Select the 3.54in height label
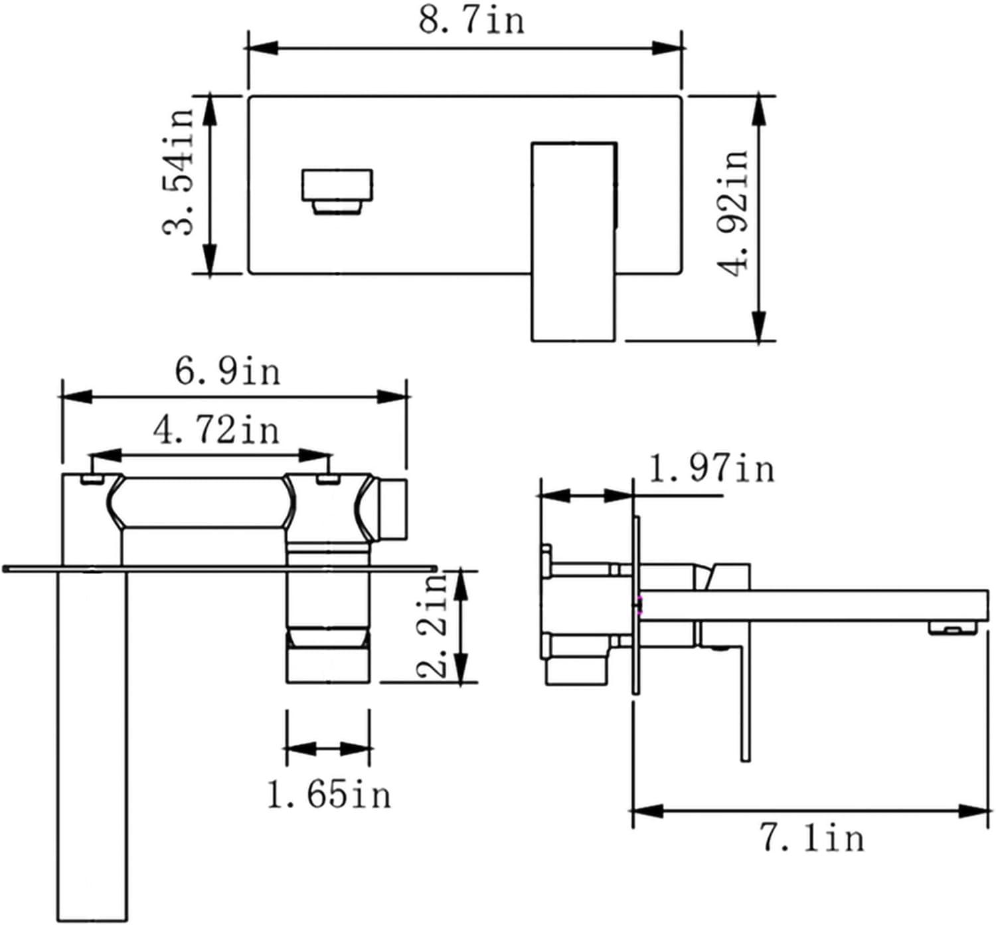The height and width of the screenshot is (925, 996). tap(179, 173)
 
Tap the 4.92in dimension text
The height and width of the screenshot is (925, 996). tap(733, 211)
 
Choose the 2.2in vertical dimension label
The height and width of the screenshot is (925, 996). tap(434, 625)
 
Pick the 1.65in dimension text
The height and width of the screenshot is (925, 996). tap(329, 794)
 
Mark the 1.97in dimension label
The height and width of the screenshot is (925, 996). tap(711, 468)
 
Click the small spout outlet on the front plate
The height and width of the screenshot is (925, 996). tap(337, 191)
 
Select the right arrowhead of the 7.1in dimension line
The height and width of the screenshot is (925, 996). tap(976, 811)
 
